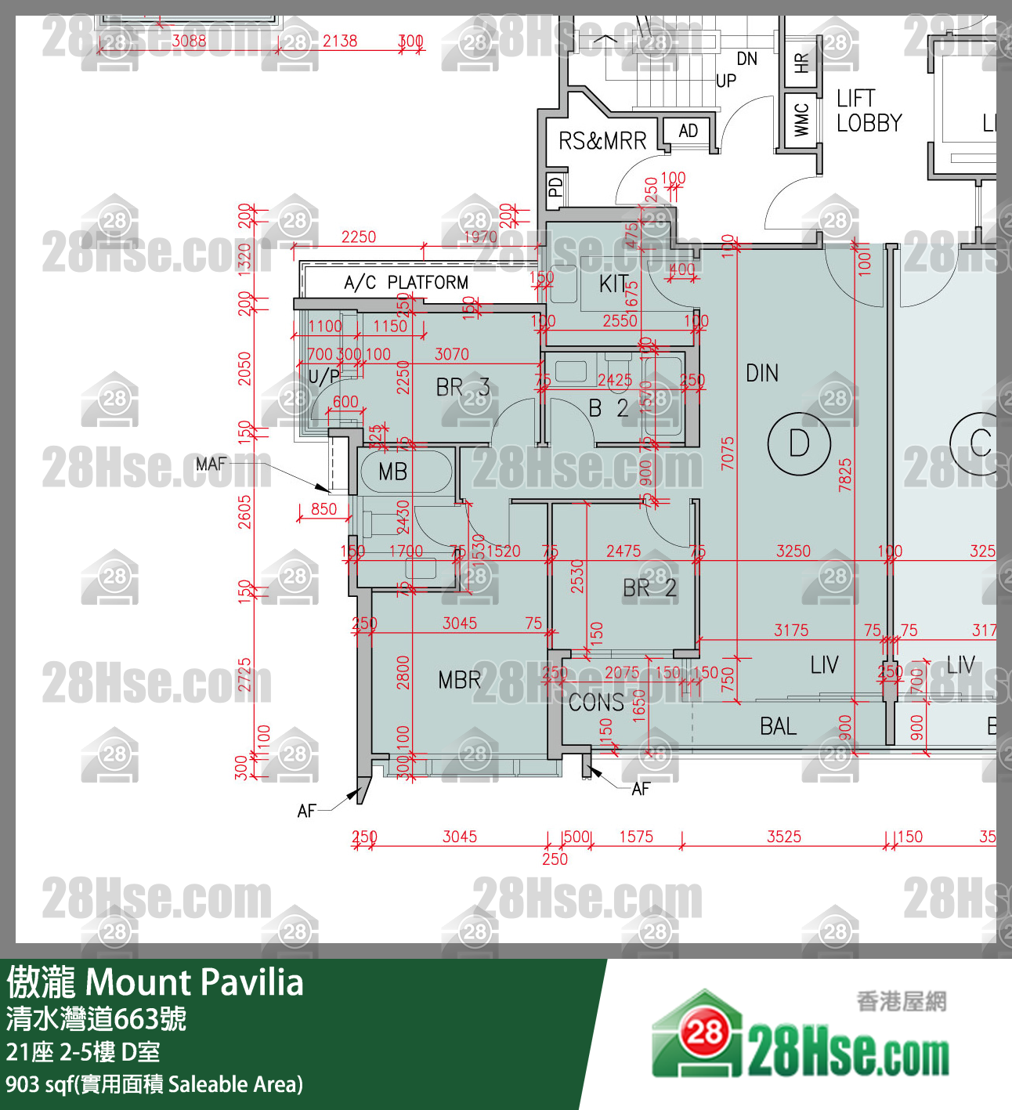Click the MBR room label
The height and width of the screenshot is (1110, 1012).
[x=460, y=680]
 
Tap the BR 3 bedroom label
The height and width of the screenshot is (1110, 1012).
[x=462, y=387]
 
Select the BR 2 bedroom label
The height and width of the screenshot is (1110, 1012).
[x=649, y=588]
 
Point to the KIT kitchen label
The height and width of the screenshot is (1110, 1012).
[x=613, y=284]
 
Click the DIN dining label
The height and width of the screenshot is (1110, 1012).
[x=762, y=374]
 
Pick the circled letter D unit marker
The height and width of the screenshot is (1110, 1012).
[x=798, y=443]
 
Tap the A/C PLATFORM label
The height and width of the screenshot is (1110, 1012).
[x=406, y=283]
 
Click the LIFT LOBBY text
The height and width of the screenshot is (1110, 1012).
[x=869, y=110]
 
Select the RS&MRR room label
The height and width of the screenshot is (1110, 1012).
[x=602, y=141]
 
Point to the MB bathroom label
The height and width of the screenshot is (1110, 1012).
[x=392, y=472]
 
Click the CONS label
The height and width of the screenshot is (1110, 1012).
[x=596, y=703]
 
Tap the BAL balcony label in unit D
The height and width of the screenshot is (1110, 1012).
[x=778, y=727]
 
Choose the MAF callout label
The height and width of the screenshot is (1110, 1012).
[x=211, y=464]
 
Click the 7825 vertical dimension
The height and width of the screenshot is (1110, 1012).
[x=845, y=475]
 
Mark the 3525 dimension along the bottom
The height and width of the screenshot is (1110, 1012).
[x=784, y=837]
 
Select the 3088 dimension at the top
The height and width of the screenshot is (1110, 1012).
[x=189, y=41]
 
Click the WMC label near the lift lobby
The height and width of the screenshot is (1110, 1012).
[x=801, y=120]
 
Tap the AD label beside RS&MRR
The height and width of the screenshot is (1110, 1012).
[x=689, y=131]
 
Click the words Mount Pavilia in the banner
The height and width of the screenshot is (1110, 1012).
[x=194, y=982]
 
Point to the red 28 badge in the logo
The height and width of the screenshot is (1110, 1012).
[x=704, y=1032]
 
